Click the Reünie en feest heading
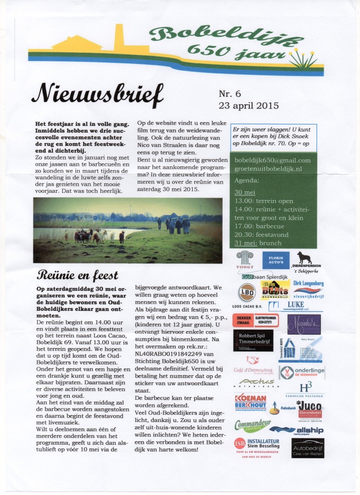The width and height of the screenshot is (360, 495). (x=77, y=276)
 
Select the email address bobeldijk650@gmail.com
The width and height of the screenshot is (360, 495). (x=272, y=160)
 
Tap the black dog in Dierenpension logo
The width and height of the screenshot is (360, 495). (x=304, y=258)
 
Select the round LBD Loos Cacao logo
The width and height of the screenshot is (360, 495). (x=247, y=293)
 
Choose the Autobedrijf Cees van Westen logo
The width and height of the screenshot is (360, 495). (x=308, y=448)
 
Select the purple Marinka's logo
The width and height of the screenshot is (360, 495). (x=304, y=324)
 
